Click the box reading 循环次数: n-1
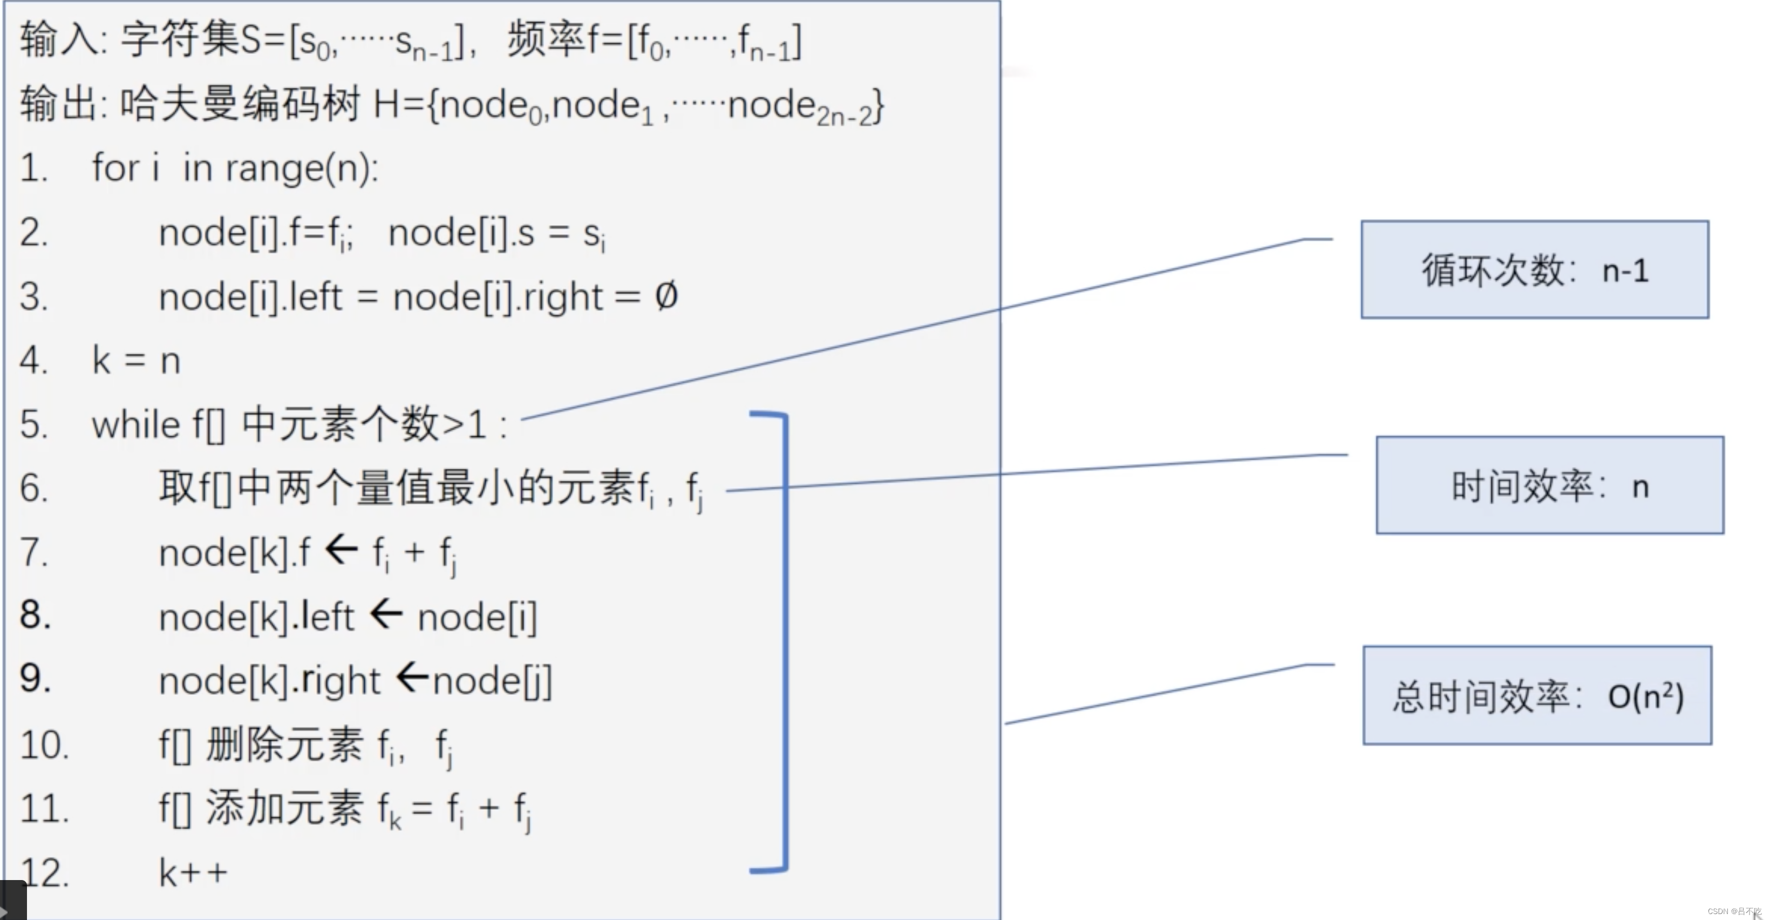coord(1534,269)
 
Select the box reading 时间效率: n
coord(1549,485)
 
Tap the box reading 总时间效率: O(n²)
coord(1537,696)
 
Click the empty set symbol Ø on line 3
coord(666,296)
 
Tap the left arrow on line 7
coord(341,550)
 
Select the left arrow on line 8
coord(386,613)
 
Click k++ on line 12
coord(193,872)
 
